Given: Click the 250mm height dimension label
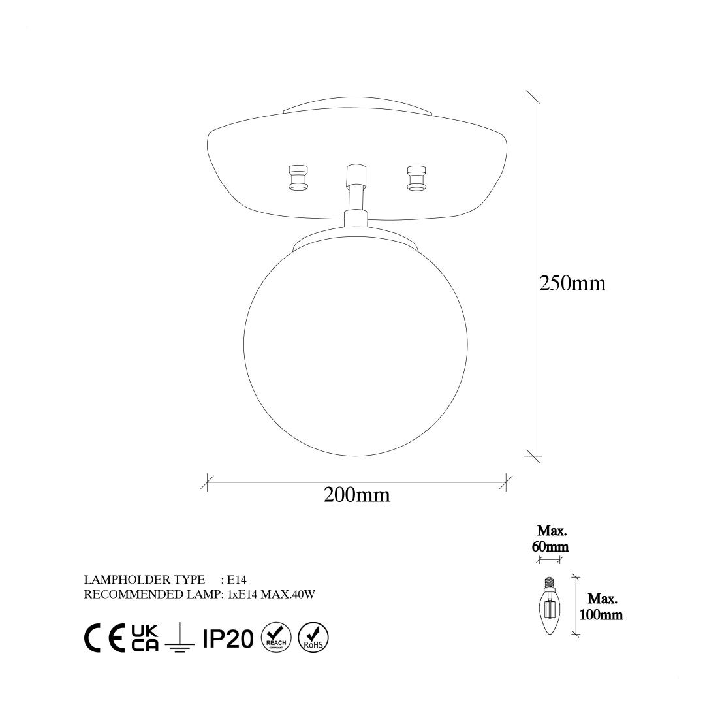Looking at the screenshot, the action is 572,283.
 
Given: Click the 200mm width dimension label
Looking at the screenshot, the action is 356,495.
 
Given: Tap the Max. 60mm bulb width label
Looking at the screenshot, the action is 551,539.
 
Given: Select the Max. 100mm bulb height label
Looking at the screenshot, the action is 601,607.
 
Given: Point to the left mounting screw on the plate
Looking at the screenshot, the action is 298,177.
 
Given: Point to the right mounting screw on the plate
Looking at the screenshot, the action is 416,177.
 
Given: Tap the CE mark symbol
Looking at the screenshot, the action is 104,638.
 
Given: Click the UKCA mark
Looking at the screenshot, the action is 145,638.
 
